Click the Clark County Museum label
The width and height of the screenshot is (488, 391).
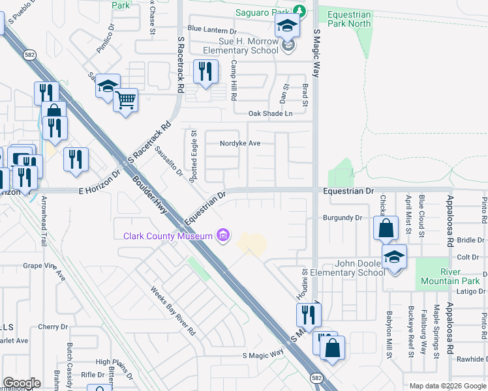(x=168, y=236)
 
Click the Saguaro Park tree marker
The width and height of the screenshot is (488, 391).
(x=299, y=10)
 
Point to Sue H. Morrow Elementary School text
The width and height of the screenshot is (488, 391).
(x=240, y=46)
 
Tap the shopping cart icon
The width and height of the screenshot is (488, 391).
(x=125, y=100)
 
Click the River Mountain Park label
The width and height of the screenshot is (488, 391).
(x=450, y=276)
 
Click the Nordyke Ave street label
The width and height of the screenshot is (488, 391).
(x=240, y=143)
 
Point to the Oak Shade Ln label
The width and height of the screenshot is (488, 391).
(x=270, y=114)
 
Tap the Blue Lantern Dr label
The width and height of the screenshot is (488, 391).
(x=211, y=30)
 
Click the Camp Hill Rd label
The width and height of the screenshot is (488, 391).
(x=233, y=80)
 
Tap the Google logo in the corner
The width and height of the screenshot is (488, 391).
(x=22, y=383)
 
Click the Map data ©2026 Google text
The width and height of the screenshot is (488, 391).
(x=448, y=386)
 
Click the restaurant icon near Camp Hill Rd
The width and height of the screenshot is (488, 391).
(x=206, y=72)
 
